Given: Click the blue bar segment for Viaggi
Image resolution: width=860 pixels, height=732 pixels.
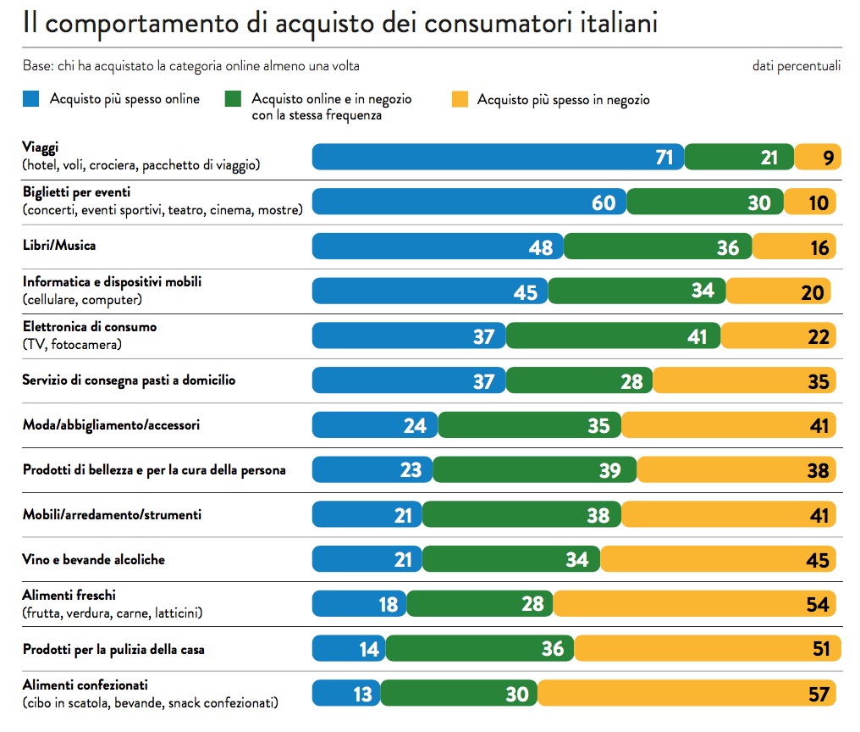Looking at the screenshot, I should pos(498,157).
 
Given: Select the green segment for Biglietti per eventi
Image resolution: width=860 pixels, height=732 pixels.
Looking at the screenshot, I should pos(705,202).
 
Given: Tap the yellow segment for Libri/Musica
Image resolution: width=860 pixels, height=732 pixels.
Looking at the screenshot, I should pos(794,247).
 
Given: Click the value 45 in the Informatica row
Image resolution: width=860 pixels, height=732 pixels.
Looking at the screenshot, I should pos(526,291).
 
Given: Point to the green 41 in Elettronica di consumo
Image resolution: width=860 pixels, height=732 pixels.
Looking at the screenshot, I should pos(697,336).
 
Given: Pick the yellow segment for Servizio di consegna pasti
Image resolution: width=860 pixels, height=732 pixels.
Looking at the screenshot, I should pos(745,381).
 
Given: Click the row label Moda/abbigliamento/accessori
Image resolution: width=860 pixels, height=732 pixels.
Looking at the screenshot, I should pos(111,424).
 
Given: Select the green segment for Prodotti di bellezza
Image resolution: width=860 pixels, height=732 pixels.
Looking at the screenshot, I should pos(535,470).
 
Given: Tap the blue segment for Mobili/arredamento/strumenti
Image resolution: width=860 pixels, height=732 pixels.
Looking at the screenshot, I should pos(367,515).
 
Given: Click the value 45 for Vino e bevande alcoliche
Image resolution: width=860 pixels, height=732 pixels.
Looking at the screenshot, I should pos(818,560).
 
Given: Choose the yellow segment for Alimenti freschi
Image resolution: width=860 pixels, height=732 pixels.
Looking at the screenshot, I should pos(695,604).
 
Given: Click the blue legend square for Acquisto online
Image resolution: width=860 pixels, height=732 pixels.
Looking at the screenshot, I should pos(32,100).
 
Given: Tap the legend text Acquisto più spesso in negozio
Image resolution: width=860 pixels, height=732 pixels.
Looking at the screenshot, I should pos(563,100).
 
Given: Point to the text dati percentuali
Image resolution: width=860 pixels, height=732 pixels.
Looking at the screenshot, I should pos(796,65).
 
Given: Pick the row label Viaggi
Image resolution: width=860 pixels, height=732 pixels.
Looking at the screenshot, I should pos(41,147).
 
